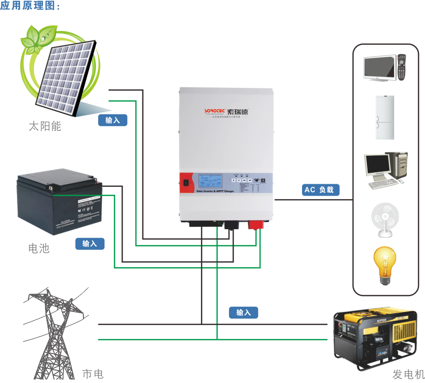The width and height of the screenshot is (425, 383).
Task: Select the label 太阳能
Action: [x=44, y=126]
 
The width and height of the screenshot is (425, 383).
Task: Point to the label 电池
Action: [x=39, y=248]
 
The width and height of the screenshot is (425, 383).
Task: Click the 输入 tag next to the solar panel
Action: [x=112, y=120]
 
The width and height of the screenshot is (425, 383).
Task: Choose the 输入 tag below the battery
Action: [x=89, y=244]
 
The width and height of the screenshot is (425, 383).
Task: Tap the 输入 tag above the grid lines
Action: [x=243, y=313]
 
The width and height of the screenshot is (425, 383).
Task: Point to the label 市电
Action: [x=92, y=374]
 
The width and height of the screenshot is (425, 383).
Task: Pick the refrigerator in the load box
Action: [x=384, y=118]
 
